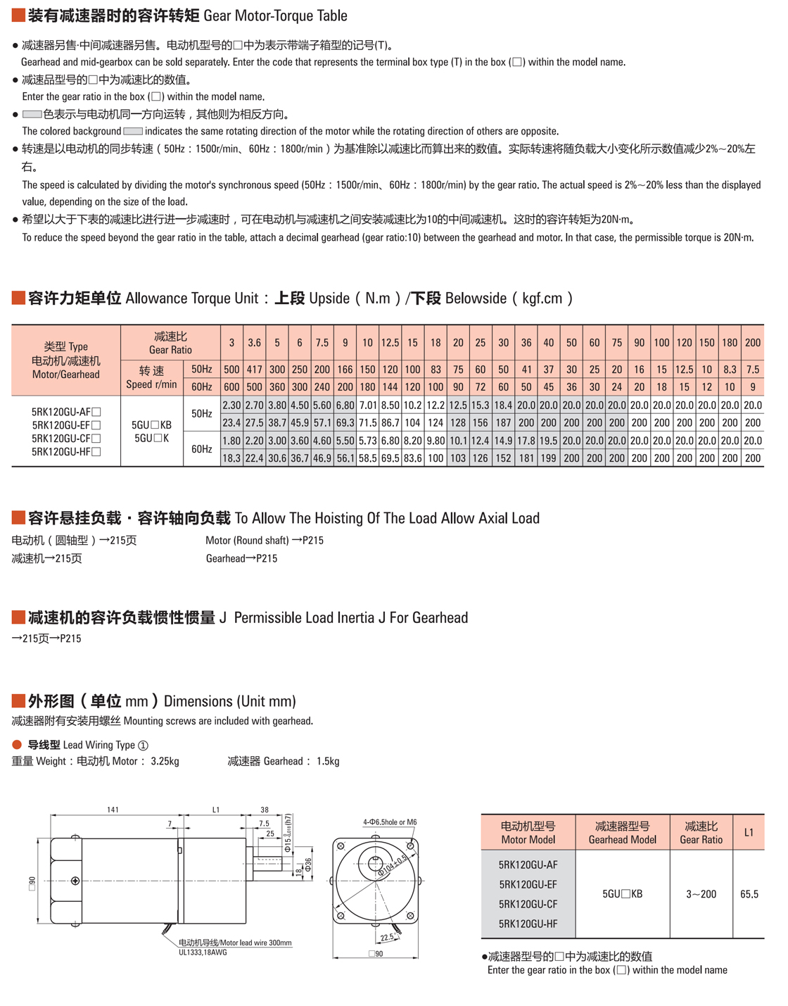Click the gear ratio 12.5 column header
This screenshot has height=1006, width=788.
[x=390, y=343]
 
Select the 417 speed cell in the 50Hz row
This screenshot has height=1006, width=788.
[x=254, y=370]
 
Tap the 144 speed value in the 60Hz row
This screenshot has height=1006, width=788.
[x=390, y=387]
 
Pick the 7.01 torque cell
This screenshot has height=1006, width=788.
[x=367, y=405]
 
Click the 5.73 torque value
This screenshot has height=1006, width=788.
[x=367, y=441]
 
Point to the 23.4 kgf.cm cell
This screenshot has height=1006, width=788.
[x=231, y=423]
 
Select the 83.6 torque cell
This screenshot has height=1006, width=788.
[x=412, y=458]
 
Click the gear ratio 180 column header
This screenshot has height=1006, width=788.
[x=730, y=343]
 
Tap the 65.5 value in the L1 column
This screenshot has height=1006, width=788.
[x=749, y=894]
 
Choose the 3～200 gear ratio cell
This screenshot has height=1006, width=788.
[x=701, y=894]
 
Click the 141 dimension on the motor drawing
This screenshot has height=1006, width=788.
[x=113, y=810]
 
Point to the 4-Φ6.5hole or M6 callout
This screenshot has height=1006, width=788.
[x=390, y=822]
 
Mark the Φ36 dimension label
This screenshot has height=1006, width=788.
[x=308, y=864]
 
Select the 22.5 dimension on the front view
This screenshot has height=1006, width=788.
[x=386, y=938]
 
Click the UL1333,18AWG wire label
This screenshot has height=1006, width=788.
[x=203, y=952]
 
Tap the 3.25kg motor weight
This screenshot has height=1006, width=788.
[x=165, y=761]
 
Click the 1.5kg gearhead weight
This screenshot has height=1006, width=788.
[x=328, y=761]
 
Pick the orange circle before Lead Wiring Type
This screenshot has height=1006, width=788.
[x=17, y=745]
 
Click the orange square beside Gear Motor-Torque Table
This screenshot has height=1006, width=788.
[x=18, y=15]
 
